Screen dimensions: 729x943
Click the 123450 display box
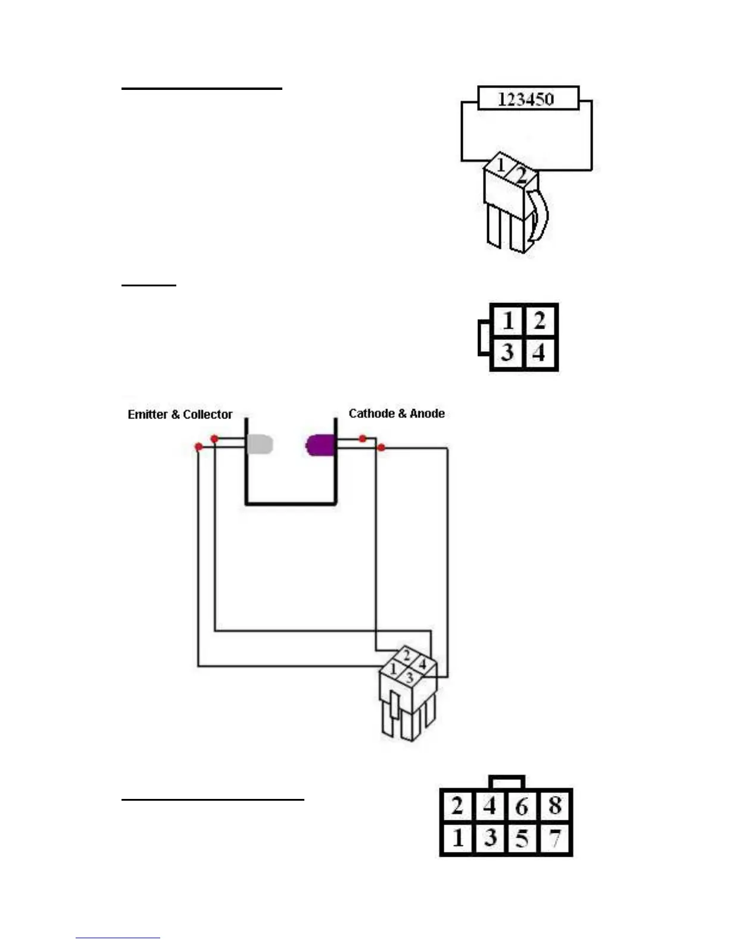[528, 99]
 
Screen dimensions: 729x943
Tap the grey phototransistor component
[260, 444]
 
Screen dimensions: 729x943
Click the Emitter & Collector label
[180, 414]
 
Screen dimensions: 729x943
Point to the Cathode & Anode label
[397, 413]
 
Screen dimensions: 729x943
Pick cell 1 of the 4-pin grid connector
[507, 321]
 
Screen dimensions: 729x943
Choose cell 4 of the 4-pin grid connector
[539, 352]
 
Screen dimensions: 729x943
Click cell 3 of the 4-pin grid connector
[507, 352]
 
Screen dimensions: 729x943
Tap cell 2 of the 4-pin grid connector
[539, 321]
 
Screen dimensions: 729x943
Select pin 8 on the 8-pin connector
[555, 806]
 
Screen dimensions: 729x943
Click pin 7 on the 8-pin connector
[555, 839]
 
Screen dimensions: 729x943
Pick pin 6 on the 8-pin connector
[522, 806]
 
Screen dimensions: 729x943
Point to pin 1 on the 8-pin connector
[457, 839]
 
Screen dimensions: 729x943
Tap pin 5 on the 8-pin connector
[522, 839]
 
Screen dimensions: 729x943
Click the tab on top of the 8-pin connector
[506, 782]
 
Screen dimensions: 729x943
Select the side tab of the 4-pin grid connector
[484, 338]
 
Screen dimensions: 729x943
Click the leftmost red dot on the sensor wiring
[198, 446]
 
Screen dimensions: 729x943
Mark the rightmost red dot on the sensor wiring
[381, 447]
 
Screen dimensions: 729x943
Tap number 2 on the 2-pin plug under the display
[521, 176]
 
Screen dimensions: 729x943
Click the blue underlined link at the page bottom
[118, 938]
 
